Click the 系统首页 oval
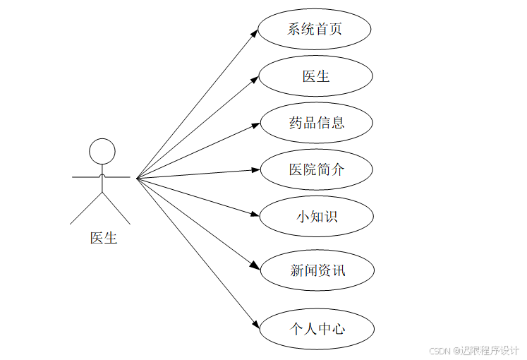click(x=315, y=30)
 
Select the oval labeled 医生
click(x=315, y=76)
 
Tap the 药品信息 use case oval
click(x=316, y=123)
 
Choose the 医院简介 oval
click(x=316, y=169)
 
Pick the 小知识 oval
click(x=316, y=216)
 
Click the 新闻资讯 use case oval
click(x=317, y=270)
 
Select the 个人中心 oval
click(x=317, y=328)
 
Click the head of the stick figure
click(x=102, y=151)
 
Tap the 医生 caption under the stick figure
click(x=103, y=238)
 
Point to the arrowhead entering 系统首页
click(x=255, y=32)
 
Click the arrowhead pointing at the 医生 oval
click(x=256, y=79)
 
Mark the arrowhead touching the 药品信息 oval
click(x=257, y=125)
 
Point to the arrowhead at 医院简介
click(x=257, y=169)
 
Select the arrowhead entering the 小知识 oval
click(x=257, y=214)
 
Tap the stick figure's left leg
click(x=86, y=208)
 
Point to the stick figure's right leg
click(x=117, y=208)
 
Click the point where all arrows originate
click(x=137, y=177)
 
